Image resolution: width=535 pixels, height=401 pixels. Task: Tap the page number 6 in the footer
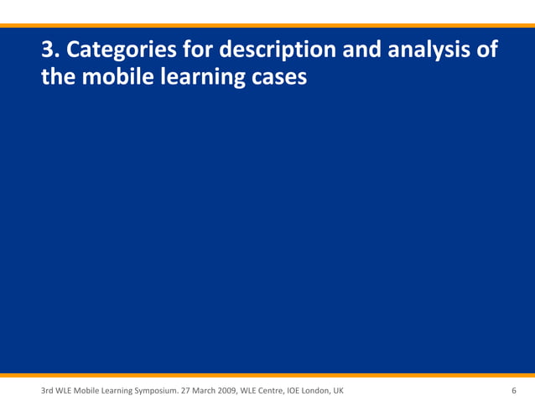[x=513, y=391]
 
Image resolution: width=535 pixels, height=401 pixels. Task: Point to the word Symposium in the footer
[x=160, y=391]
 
